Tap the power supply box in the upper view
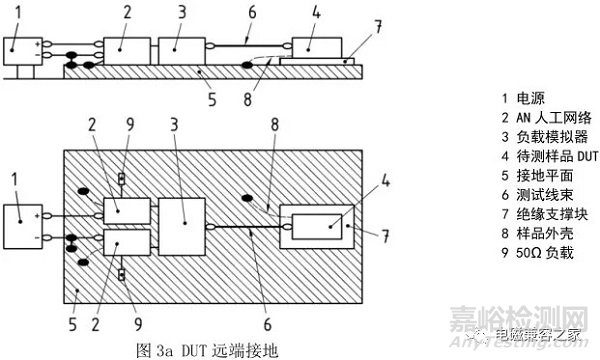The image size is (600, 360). (22, 49)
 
